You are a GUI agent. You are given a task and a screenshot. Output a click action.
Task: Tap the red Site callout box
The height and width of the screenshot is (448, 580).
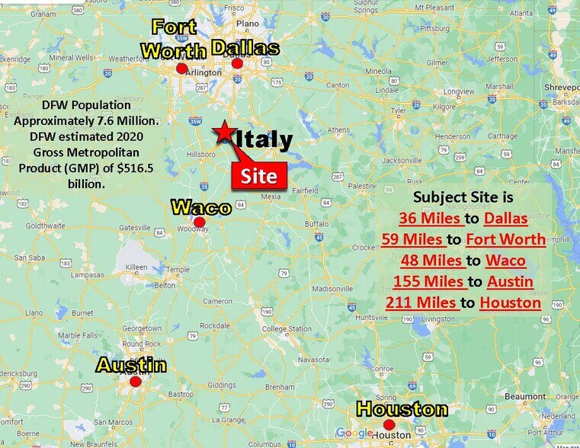pos(260,177)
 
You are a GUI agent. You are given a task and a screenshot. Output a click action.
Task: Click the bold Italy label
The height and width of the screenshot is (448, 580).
pos(263,141)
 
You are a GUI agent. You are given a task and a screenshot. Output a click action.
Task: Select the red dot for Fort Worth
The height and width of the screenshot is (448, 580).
pos(181,69)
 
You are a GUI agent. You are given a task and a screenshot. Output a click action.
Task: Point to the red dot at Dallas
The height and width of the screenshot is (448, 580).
pos(237,64)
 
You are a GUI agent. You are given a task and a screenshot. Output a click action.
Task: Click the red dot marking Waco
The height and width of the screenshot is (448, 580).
pos(199,222)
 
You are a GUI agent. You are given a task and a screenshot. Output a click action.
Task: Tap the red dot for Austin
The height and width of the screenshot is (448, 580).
pos(136,382)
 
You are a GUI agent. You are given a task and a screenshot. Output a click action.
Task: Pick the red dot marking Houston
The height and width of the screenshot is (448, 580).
pos(389,425)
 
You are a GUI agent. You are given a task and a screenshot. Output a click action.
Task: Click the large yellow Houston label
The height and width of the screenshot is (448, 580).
pos(402,409)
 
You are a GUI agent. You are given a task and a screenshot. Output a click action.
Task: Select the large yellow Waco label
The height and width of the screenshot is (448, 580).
pos(200,207)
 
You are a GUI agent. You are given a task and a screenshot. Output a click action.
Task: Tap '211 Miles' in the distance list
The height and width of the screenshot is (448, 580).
pos(421,303)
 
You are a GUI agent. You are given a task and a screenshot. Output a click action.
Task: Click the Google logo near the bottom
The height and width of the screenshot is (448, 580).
pos(354,434)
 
